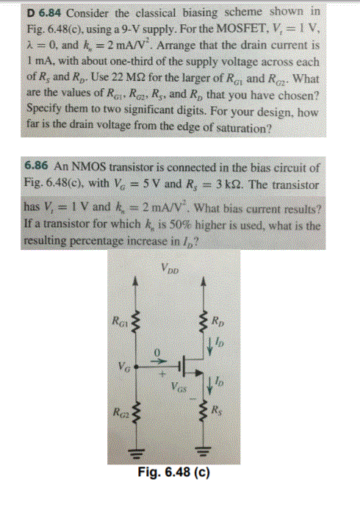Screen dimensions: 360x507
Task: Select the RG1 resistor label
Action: click(118, 319)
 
